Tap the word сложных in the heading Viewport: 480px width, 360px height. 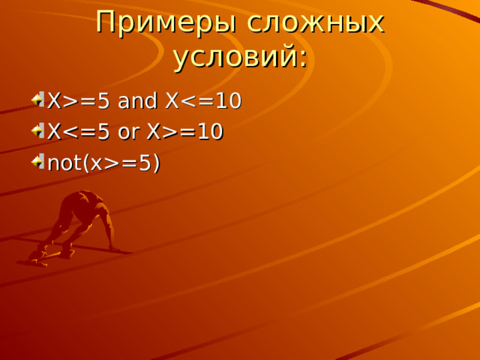(x=315, y=22)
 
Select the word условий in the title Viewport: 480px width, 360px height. (x=235, y=58)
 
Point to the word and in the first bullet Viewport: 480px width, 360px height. (x=137, y=100)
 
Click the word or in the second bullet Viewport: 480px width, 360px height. (x=129, y=132)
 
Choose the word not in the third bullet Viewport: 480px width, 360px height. (x=64, y=163)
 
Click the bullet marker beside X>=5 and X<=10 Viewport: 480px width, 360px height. (x=38, y=100)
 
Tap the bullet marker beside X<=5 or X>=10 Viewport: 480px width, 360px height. (x=38, y=130)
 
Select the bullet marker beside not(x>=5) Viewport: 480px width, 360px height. (x=38, y=162)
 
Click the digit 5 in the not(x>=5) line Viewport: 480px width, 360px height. (x=145, y=163)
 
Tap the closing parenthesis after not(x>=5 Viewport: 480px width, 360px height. (x=157, y=163)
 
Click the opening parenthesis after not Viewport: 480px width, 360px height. (x=86, y=163)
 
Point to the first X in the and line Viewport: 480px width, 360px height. (x=55, y=100)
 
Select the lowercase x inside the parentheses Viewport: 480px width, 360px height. (x=96, y=165)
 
